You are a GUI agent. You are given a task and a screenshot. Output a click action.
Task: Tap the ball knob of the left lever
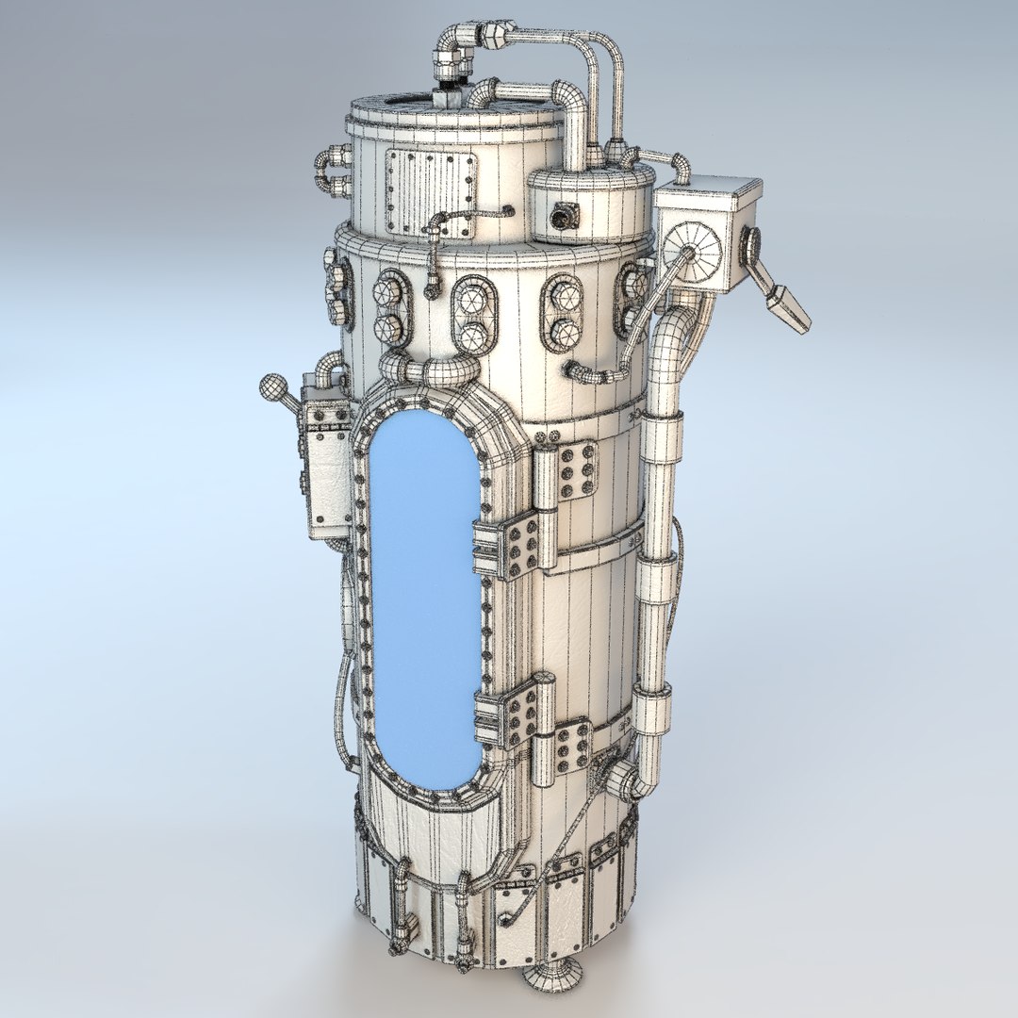273,386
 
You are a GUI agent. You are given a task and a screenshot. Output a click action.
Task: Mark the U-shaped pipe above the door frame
429,368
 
